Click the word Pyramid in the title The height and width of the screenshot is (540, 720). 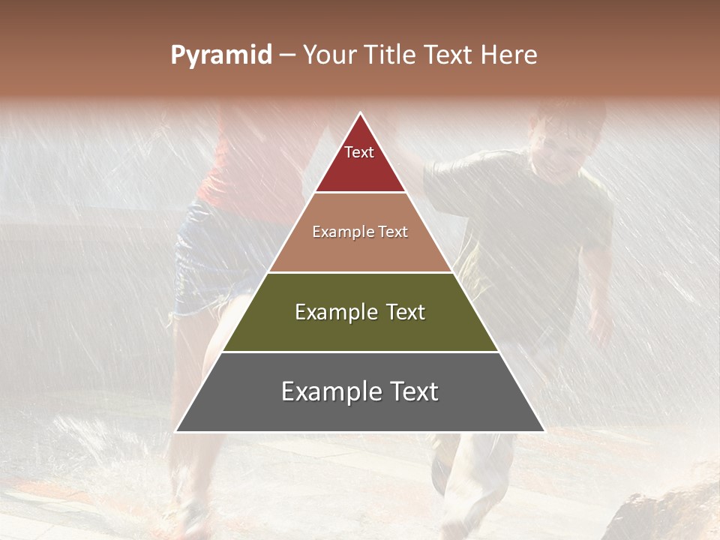tap(221, 55)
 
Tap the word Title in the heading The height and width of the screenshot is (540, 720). tap(392, 55)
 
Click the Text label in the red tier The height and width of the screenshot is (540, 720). tap(359, 153)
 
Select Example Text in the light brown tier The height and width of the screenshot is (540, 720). tap(360, 232)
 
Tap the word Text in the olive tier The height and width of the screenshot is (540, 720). tap(399, 313)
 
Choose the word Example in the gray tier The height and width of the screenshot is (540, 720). tap(328, 392)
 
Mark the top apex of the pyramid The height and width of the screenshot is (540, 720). tap(361, 113)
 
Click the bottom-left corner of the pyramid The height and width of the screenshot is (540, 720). tap(176, 431)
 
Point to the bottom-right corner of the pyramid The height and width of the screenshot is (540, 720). tap(544, 431)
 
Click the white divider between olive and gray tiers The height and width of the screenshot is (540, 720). tap(360, 352)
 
